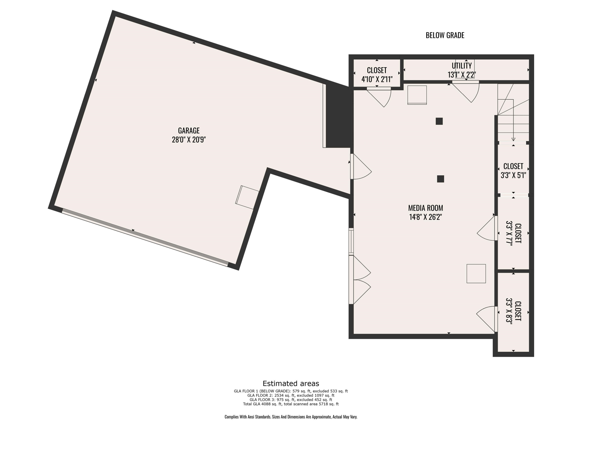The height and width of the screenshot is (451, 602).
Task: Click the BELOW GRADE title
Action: click(x=445, y=35)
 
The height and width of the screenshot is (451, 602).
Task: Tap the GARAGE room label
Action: click(x=189, y=130)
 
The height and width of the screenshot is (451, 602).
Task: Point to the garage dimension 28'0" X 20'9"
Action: click(x=189, y=140)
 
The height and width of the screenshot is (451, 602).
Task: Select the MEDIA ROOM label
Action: click(x=425, y=208)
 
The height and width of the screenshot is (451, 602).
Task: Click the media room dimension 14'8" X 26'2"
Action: click(x=425, y=217)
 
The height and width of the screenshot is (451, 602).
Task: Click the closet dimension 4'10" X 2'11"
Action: click(x=377, y=79)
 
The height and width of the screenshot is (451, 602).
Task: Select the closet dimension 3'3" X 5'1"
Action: click(x=513, y=175)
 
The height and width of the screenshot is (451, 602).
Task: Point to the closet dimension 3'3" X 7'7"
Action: click(x=509, y=233)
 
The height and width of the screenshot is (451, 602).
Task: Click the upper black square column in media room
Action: click(x=439, y=121)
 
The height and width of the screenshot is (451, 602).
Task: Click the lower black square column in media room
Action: click(x=440, y=179)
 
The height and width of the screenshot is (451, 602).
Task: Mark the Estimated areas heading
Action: click(x=291, y=384)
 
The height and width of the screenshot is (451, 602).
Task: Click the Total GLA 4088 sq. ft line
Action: click(x=291, y=404)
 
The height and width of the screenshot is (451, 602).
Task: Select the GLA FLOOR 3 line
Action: click(x=291, y=400)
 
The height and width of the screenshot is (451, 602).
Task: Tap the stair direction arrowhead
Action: click(x=513, y=139)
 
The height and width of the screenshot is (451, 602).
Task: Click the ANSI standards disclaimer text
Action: click(x=291, y=417)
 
